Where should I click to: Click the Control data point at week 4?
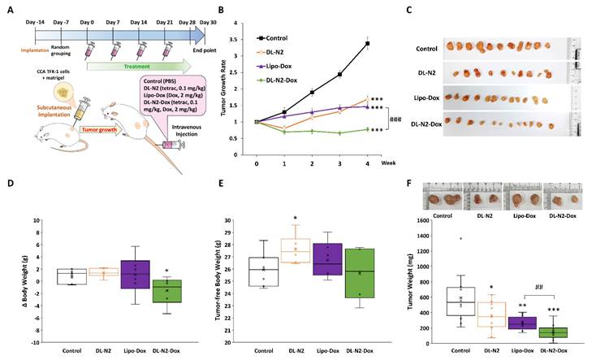click(368, 43)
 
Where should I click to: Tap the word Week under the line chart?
click(388, 163)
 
